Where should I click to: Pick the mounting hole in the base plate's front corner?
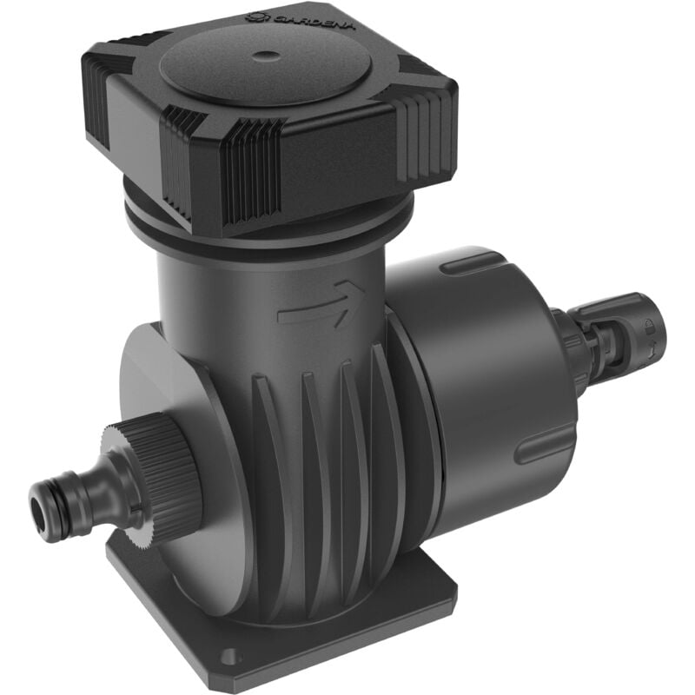click(x=228, y=658)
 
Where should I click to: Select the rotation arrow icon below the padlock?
click(x=653, y=347)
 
